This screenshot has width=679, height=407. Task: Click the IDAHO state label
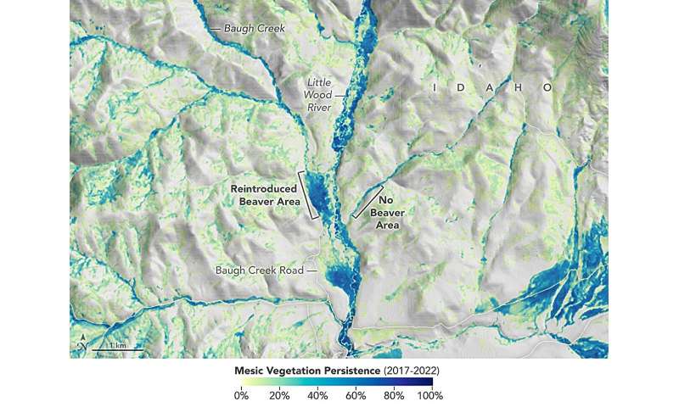[x=490, y=87]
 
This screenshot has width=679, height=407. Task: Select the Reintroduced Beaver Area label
[x=264, y=194]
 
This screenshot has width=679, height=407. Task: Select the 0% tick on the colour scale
[x=241, y=395]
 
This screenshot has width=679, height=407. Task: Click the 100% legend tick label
[x=430, y=395]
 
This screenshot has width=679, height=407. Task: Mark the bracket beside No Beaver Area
[x=367, y=201]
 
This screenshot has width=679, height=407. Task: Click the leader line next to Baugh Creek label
[x=215, y=28]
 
